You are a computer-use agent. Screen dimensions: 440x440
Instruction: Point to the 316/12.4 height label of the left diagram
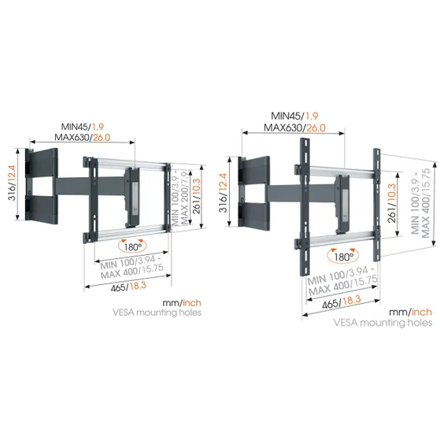(10, 189)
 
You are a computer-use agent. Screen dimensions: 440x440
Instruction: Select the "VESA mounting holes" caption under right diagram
(383, 323)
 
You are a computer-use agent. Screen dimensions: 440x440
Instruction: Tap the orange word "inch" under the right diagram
(417, 312)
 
